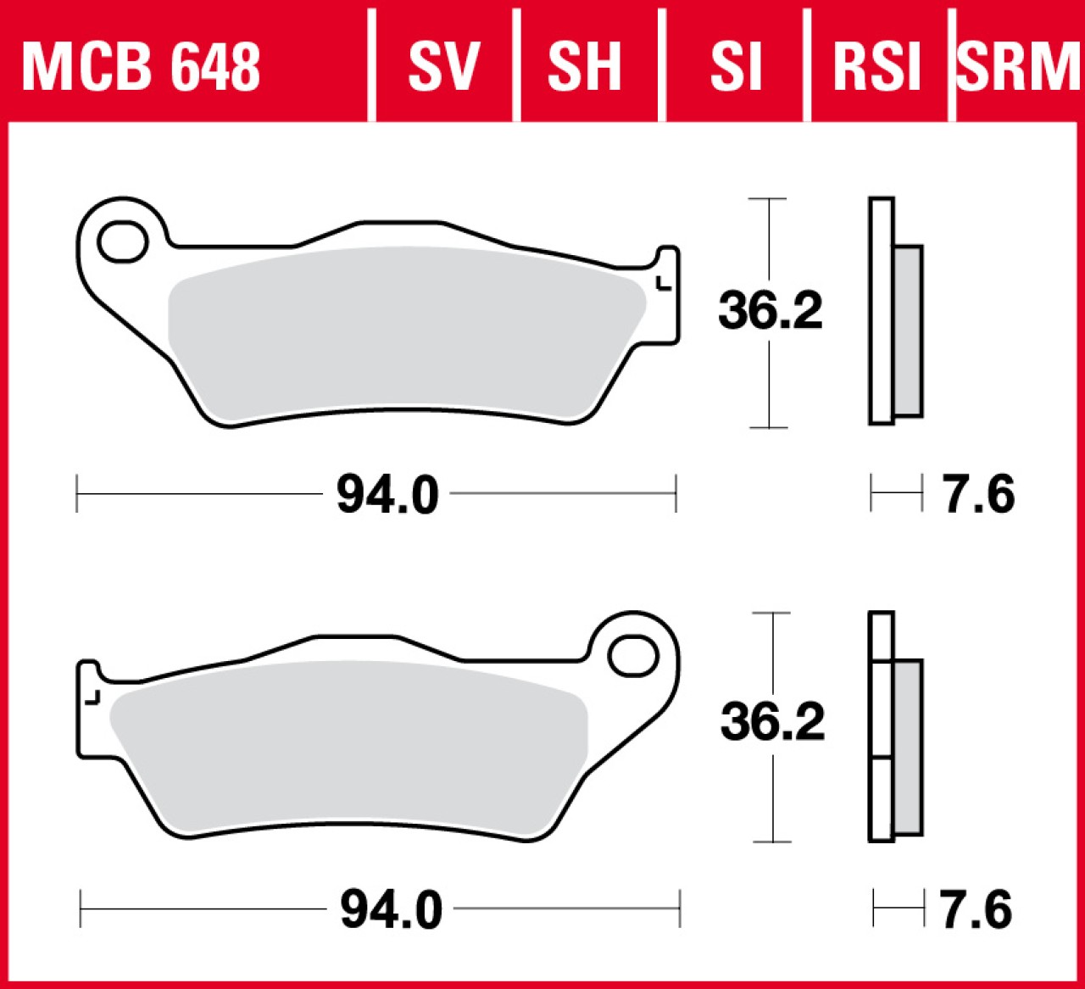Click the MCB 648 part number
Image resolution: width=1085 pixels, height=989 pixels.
point(141,67)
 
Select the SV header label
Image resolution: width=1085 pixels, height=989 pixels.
point(444,67)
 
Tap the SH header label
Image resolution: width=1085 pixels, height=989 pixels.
point(584,67)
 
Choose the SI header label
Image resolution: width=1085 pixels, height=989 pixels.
point(736,67)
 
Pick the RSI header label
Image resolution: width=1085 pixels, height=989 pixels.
point(876,67)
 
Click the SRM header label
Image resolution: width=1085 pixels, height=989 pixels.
point(1018,67)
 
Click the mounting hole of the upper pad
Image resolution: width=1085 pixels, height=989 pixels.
point(123,242)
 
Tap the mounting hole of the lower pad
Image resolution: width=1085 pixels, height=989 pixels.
point(633,656)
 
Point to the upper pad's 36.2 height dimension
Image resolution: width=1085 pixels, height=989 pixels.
point(770,311)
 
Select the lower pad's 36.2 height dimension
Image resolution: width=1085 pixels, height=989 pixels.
point(772,722)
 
